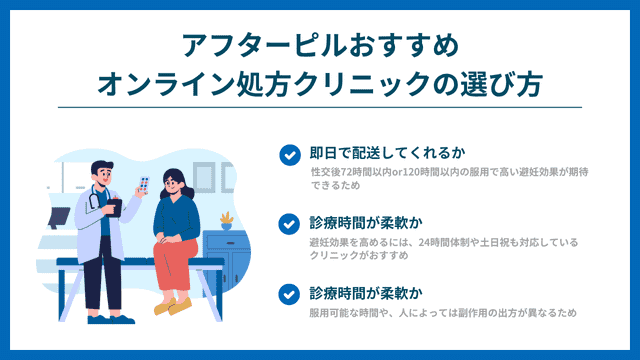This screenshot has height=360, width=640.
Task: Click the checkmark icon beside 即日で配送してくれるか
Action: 289,154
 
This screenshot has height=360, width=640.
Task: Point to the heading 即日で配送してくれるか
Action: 388,153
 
